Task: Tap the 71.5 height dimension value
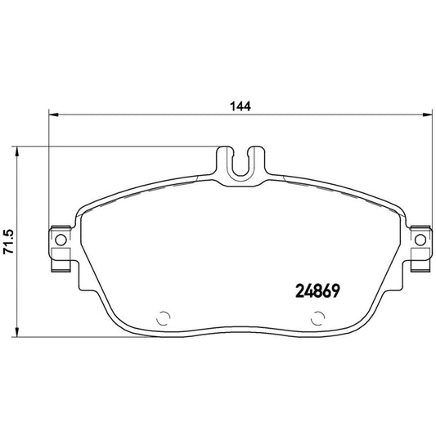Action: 9,241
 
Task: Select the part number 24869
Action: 317,290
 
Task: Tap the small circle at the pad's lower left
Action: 162,319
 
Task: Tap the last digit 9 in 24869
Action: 335,290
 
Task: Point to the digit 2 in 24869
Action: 298,290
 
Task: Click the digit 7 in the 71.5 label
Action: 9,254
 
